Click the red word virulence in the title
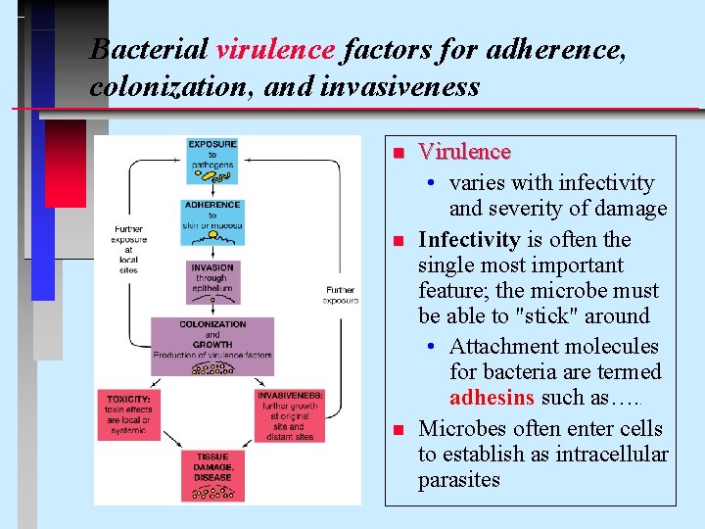point(276,48)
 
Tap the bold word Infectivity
point(469,240)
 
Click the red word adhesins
point(493,398)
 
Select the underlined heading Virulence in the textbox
point(464,152)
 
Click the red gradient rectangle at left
point(66,164)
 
